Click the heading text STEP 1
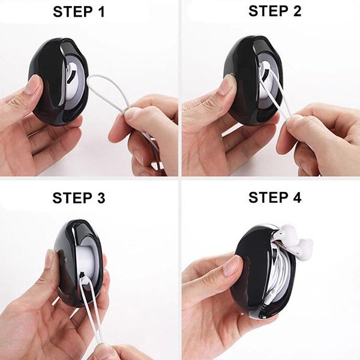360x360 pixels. click(x=79, y=12)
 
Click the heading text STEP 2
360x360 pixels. click(x=275, y=11)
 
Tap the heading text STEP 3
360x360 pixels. click(x=79, y=197)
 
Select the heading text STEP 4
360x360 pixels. click(x=275, y=197)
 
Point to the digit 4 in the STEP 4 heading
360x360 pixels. click(x=296, y=197)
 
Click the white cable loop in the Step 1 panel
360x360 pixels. click(x=108, y=92)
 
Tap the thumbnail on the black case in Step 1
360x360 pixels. click(x=33, y=85)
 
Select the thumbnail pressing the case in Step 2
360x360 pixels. click(x=227, y=85)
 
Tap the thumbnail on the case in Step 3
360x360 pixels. click(x=51, y=259)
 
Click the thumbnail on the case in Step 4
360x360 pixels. click(x=232, y=266)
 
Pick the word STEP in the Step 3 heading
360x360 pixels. click(x=71, y=197)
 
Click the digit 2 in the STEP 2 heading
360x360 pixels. click(x=296, y=11)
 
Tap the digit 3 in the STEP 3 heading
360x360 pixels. click(x=100, y=197)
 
